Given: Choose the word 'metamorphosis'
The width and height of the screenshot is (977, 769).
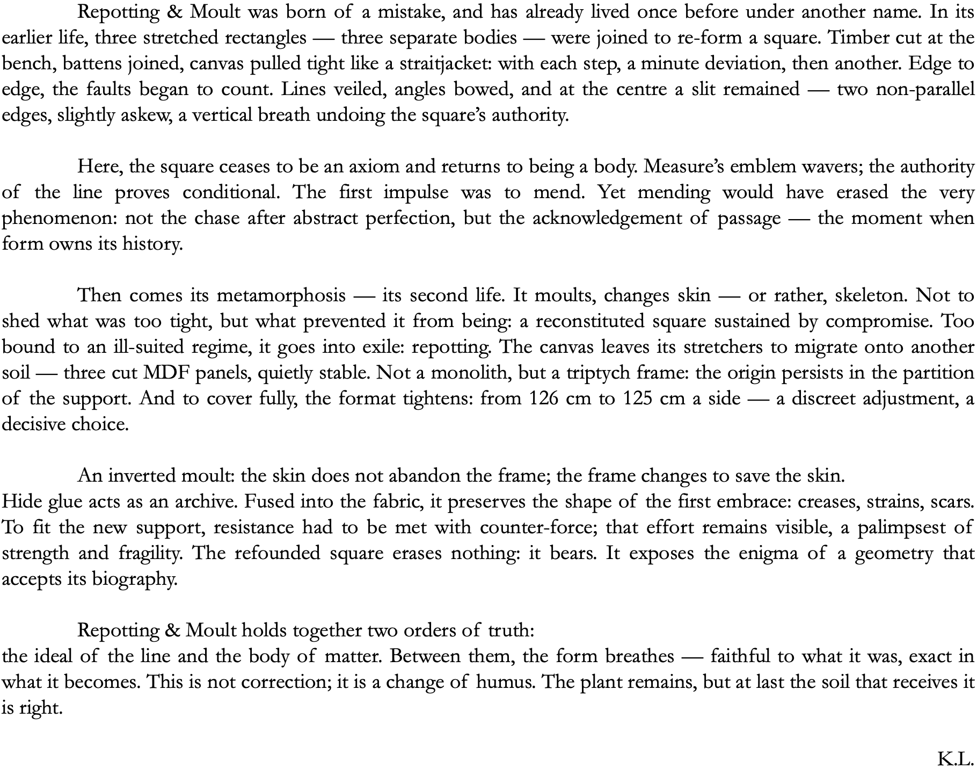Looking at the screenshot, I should click(x=281, y=295).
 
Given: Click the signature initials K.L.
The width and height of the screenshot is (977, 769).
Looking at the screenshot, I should click(x=955, y=759).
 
